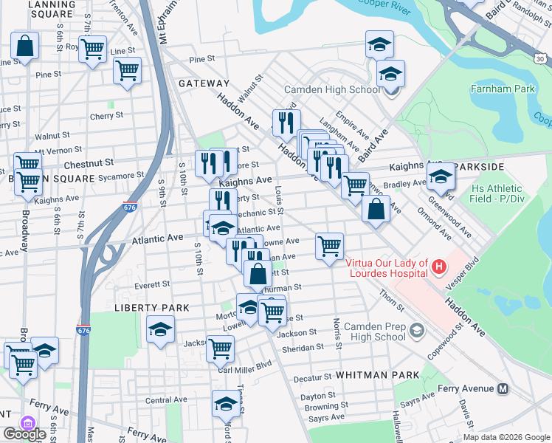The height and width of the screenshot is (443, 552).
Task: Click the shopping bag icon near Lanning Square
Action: (25, 47)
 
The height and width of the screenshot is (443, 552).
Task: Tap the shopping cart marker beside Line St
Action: (93, 50)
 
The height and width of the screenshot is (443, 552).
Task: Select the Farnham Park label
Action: (502, 89)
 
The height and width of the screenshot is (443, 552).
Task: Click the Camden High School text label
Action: (332, 89)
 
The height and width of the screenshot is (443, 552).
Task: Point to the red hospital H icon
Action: (438, 266)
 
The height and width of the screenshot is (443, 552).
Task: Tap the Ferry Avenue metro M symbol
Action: (504, 389)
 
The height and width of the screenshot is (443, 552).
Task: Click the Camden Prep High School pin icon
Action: (418, 329)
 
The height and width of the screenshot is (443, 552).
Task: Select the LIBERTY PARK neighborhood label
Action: (151, 307)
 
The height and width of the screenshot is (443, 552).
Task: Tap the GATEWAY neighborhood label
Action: (204, 84)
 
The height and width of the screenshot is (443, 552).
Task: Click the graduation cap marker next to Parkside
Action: (441, 177)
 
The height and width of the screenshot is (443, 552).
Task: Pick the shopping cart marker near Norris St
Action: (329, 246)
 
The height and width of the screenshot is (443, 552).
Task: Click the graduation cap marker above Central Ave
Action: (226, 403)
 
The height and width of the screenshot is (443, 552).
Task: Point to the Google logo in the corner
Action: (24, 434)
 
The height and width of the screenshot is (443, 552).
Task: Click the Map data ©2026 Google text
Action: (506, 437)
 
